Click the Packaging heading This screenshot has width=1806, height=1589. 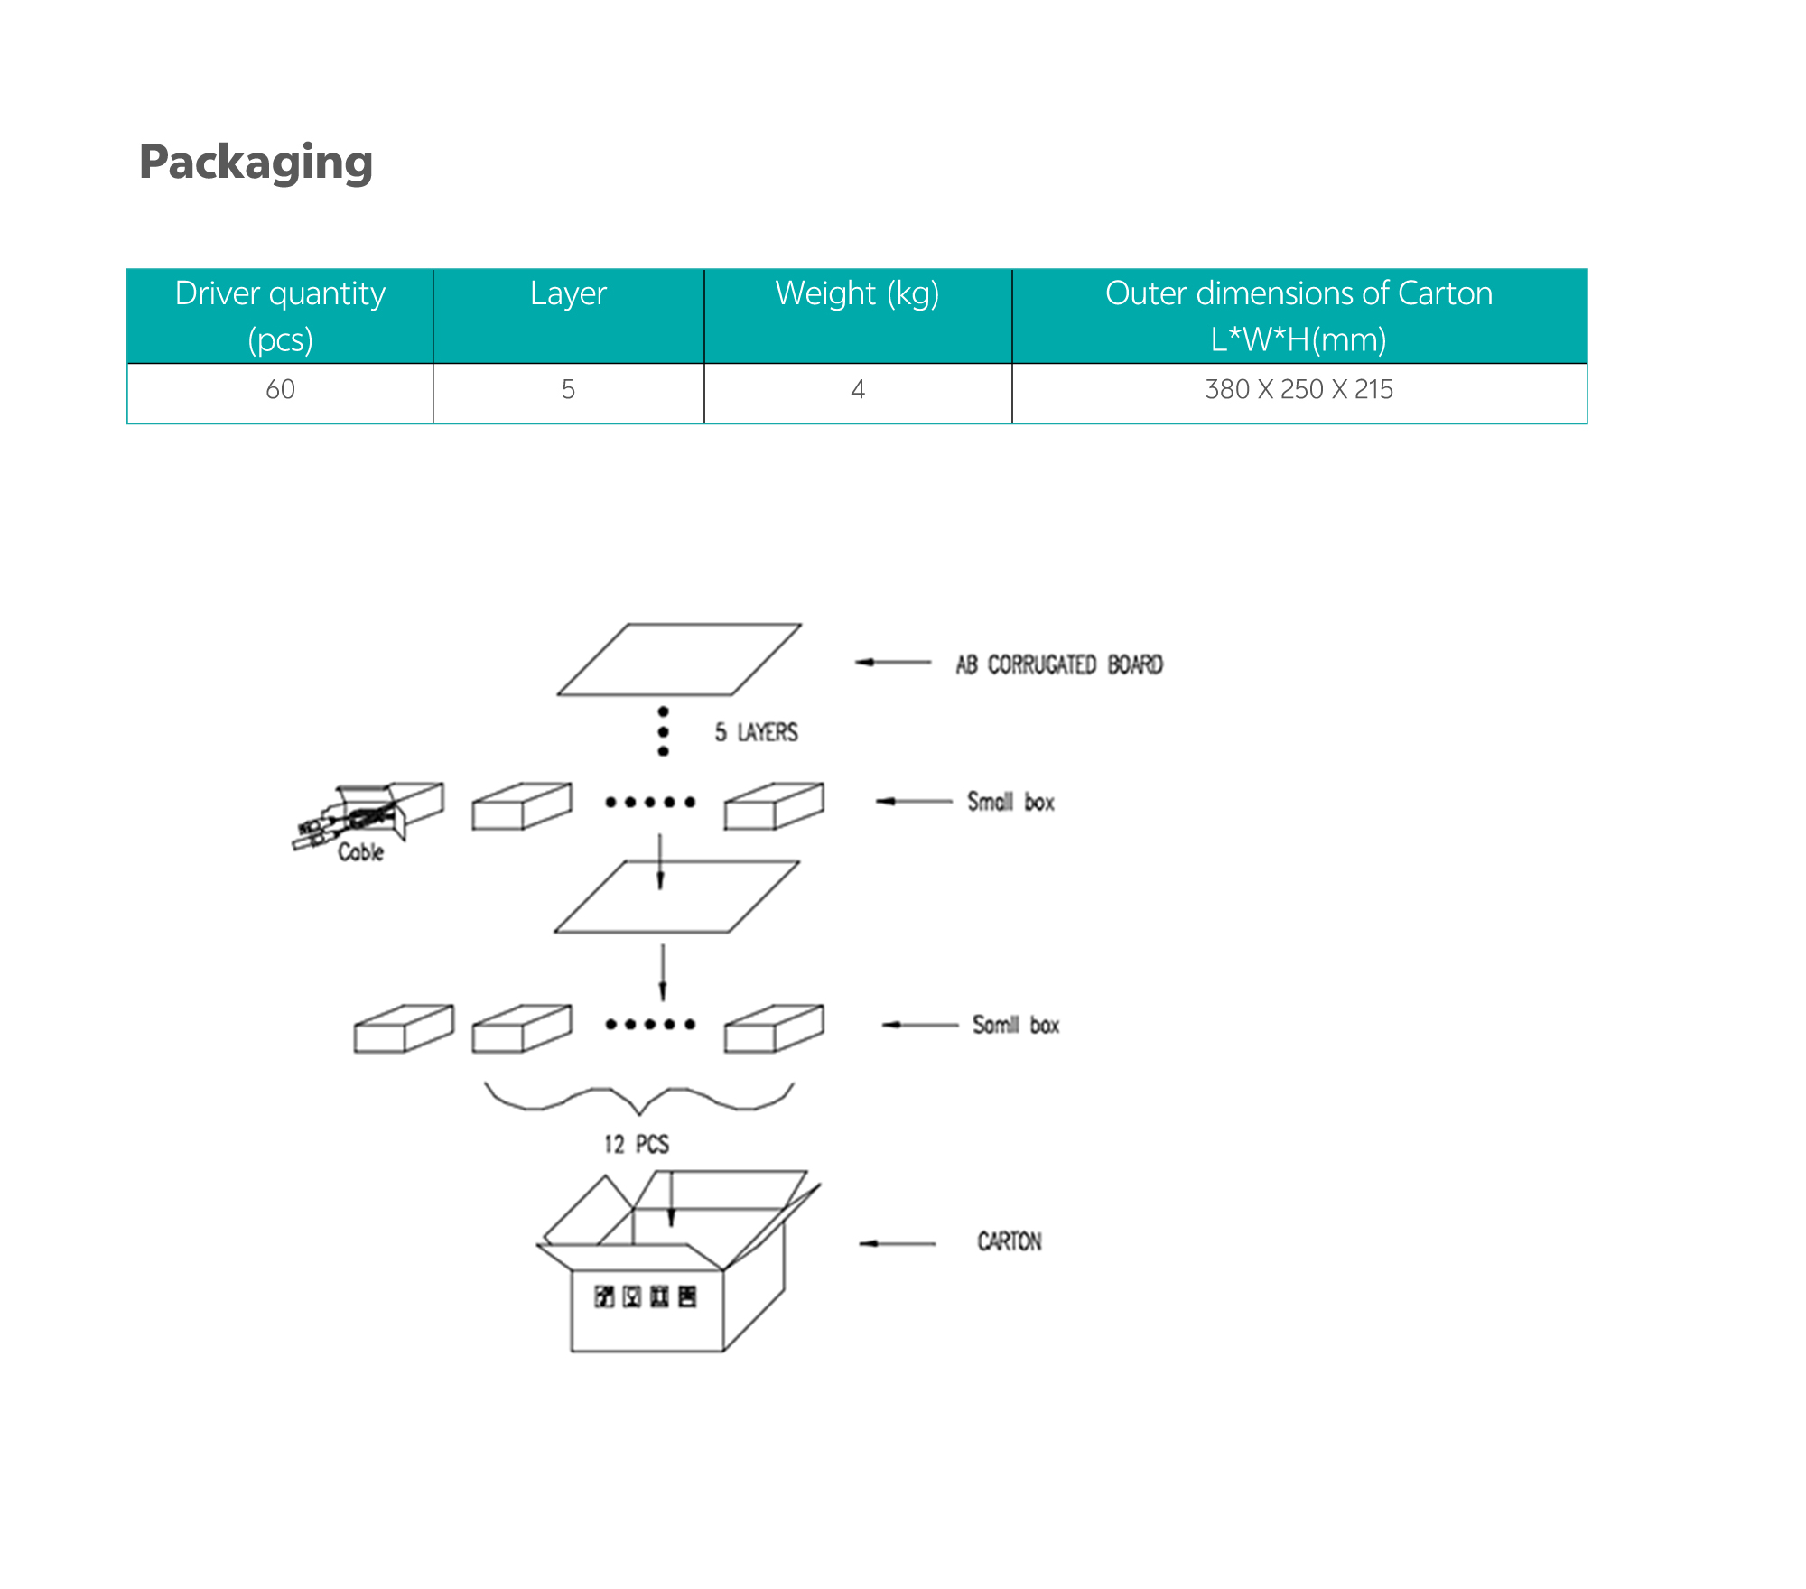pyautogui.click(x=256, y=163)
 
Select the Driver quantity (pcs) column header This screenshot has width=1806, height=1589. pyautogui.click(x=280, y=316)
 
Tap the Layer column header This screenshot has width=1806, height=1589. pyautogui.click(x=568, y=294)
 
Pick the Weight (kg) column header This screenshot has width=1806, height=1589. pyautogui.click(x=857, y=294)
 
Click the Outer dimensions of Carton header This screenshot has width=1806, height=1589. pyautogui.click(x=1299, y=316)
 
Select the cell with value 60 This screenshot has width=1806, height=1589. pyautogui.click(x=280, y=390)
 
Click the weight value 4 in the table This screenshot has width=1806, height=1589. pyautogui.click(x=858, y=390)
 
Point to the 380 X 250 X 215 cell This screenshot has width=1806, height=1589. pyautogui.click(x=1299, y=390)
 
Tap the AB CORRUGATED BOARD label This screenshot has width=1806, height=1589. pyautogui.click(x=1059, y=665)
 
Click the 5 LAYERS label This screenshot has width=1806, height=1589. pyautogui.click(x=757, y=732)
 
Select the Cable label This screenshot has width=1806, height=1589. pyautogui.click(x=360, y=852)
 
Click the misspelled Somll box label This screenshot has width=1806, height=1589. pyautogui.click(x=1016, y=1026)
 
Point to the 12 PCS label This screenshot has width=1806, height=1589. pyautogui.click(x=637, y=1145)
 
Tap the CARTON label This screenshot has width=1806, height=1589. pyautogui.click(x=1010, y=1242)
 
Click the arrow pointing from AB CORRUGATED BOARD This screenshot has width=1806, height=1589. pyautogui.click(x=893, y=663)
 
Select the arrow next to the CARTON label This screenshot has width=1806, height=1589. pyautogui.click(x=898, y=1244)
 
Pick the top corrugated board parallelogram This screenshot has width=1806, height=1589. pyautogui.click(x=679, y=660)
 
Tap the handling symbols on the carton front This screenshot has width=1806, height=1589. pyautogui.click(x=646, y=1297)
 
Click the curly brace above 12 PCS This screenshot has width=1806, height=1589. pyautogui.click(x=639, y=1098)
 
